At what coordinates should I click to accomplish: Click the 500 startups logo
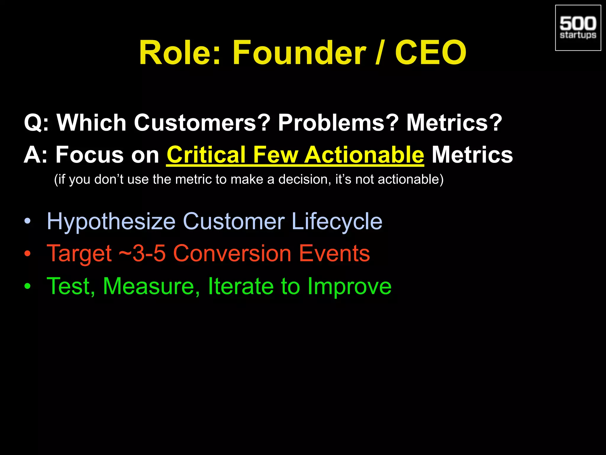point(578,28)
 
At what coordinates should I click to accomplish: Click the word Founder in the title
point(299,53)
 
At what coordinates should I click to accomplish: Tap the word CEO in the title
point(431,53)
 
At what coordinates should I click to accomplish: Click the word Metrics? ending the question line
point(454,123)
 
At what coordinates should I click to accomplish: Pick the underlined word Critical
point(206,155)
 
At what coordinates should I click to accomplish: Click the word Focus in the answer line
point(89,155)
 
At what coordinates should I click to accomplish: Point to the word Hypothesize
point(111,222)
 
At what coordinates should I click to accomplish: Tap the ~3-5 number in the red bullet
point(142,254)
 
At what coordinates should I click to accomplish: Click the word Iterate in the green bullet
point(241,286)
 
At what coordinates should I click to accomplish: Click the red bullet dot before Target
point(28,254)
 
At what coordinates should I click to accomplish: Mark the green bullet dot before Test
point(28,286)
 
